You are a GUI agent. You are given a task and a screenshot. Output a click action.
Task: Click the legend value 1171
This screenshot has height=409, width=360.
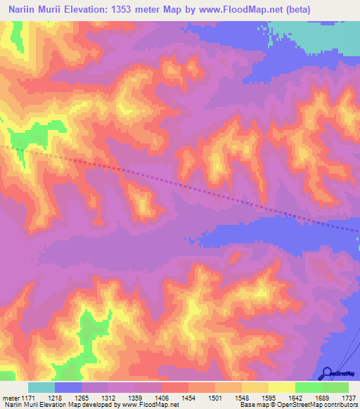pyautogui.click(x=28, y=398)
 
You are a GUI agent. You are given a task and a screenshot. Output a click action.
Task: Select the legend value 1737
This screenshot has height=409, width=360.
pyautogui.click(x=349, y=398)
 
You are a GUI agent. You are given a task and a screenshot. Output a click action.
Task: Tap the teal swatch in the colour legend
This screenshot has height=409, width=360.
pyautogui.click(x=41, y=387)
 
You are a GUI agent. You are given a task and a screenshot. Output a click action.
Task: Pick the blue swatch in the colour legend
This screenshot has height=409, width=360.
pyautogui.click(x=68, y=387)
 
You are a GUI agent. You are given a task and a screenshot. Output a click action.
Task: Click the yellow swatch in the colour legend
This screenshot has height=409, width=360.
pyautogui.click(x=281, y=387)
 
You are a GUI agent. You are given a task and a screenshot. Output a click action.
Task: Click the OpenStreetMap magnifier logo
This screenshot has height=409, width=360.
pyautogui.click(x=327, y=372)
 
